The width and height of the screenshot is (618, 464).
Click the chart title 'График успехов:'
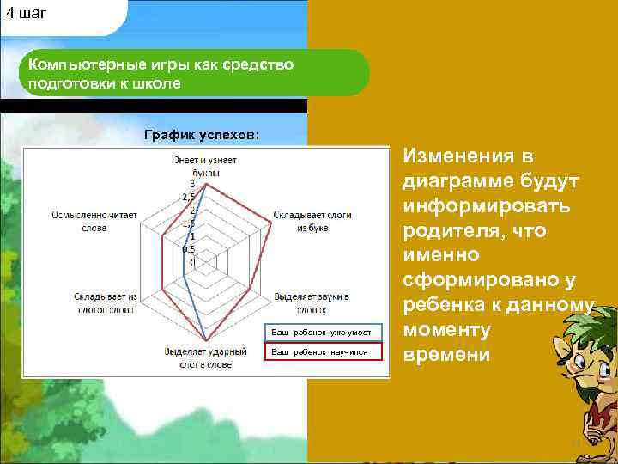201,135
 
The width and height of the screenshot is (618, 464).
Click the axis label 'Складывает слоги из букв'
312,221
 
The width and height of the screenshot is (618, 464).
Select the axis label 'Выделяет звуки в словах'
311,301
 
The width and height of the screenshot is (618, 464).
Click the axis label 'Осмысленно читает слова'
94,221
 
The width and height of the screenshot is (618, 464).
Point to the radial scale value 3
192,184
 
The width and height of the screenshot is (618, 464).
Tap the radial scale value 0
192,261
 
